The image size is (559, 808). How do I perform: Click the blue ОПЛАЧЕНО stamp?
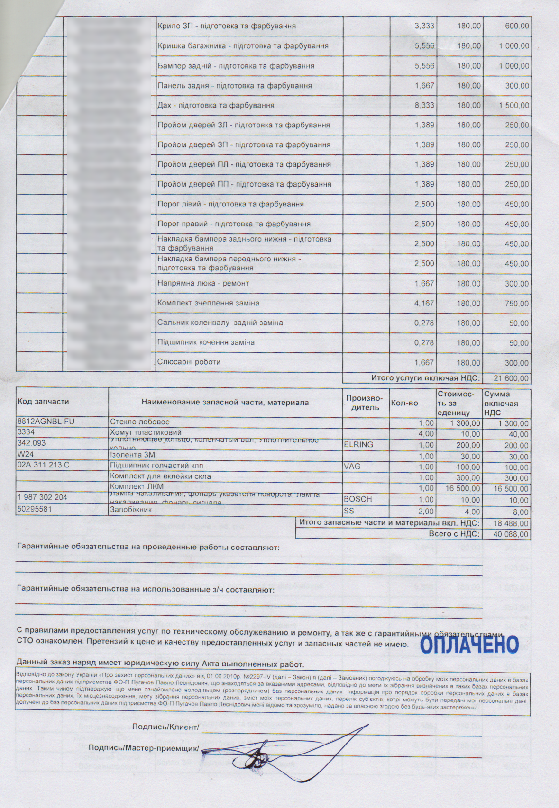click(x=469, y=645)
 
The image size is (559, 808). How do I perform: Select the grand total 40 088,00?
click(x=511, y=534)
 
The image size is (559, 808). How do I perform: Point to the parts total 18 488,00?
click(x=511, y=523)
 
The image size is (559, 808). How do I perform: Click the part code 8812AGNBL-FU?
click(x=46, y=422)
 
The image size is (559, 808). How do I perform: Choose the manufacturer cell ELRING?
click(x=358, y=444)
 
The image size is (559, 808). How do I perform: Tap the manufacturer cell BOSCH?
click(x=358, y=499)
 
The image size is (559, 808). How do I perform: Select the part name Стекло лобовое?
click(x=140, y=422)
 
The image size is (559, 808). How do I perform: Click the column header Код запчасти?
click(x=43, y=402)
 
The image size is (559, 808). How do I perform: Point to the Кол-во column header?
click(x=404, y=403)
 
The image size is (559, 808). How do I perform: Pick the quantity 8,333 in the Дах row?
click(x=424, y=105)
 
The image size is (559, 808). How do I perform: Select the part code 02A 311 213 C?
click(x=43, y=465)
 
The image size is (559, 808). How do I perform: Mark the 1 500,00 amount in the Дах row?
click(x=513, y=106)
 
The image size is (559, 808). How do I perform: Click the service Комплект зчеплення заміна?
click(x=208, y=303)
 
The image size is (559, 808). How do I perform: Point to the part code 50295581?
click(x=34, y=509)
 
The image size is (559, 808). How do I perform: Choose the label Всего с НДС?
click(x=454, y=534)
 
